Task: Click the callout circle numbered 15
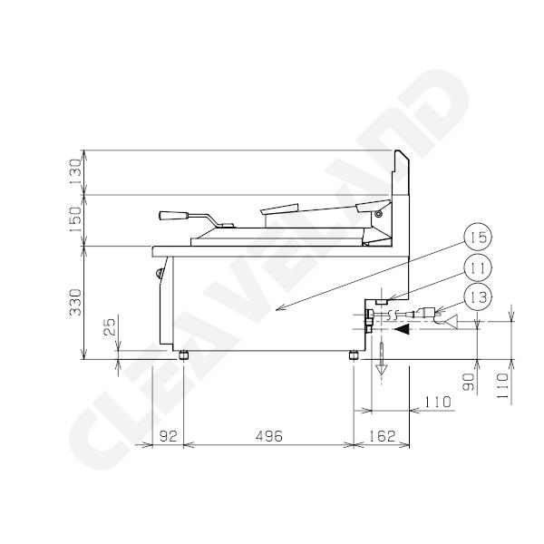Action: (479, 238)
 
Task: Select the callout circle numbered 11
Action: (479, 267)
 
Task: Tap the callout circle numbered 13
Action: (479, 297)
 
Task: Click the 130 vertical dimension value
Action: (75, 172)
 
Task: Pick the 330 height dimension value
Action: (75, 303)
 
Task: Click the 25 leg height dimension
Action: (111, 326)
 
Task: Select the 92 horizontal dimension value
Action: (169, 436)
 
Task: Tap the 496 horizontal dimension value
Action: (269, 436)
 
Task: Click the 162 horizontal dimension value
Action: (382, 436)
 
